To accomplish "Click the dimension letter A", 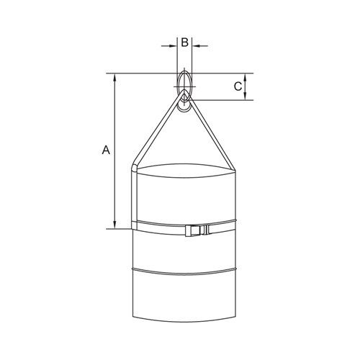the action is coord(106,150).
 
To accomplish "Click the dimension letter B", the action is coord(184,42).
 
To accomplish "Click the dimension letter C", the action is coord(238,86).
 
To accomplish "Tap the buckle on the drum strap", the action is coord(197,231).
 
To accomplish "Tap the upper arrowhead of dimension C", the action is coord(246,78).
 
